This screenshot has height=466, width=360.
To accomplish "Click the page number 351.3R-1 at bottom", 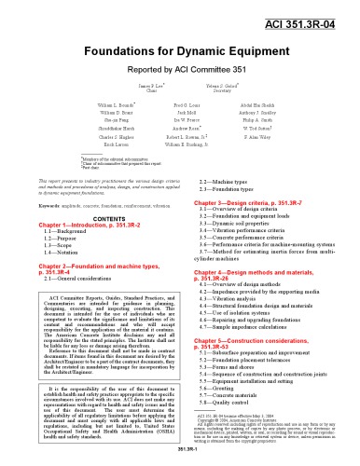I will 179,459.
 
